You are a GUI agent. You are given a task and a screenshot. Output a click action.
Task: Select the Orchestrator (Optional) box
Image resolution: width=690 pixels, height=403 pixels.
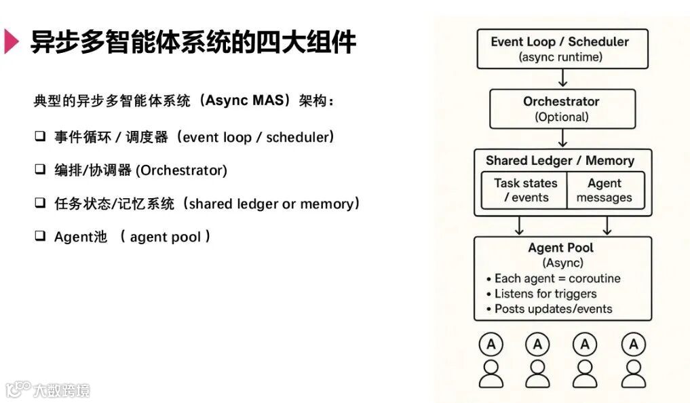pyautogui.click(x=562, y=109)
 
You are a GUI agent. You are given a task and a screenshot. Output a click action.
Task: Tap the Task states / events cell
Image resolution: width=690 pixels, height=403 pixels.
pyautogui.click(x=525, y=191)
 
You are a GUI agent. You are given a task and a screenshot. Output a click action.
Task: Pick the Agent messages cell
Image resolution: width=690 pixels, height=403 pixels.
pyautogui.click(x=604, y=191)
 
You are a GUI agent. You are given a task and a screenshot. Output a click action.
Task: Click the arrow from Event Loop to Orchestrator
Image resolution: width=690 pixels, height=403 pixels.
pyautogui.click(x=562, y=78)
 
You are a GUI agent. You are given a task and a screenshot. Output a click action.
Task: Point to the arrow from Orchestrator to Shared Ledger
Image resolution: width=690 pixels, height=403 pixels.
pyautogui.click(x=562, y=138)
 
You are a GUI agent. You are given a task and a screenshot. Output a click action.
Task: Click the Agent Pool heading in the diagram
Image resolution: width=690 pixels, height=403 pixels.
pyautogui.click(x=561, y=248)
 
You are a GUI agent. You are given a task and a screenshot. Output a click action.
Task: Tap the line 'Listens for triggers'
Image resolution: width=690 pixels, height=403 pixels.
pyautogui.click(x=545, y=294)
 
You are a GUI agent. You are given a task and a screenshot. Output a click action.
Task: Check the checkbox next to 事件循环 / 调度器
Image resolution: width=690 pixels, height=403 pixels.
pyautogui.click(x=40, y=136)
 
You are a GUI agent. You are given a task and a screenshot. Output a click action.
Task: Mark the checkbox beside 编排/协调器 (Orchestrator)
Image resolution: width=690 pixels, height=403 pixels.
pyautogui.click(x=40, y=170)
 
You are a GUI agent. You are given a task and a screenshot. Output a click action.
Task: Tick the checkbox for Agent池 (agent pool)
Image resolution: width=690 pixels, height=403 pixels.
pyautogui.click(x=40, y=236)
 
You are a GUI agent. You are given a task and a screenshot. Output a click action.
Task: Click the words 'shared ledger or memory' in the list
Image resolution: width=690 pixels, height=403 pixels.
pyautogui.click(x=271, y=204)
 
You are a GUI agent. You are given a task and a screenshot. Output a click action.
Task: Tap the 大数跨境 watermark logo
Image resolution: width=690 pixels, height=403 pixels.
pyautogui.click(x=47, y=390)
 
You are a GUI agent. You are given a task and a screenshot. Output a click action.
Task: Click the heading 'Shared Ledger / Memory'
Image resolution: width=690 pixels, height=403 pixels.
pyautogui.click(x=560, y=161)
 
